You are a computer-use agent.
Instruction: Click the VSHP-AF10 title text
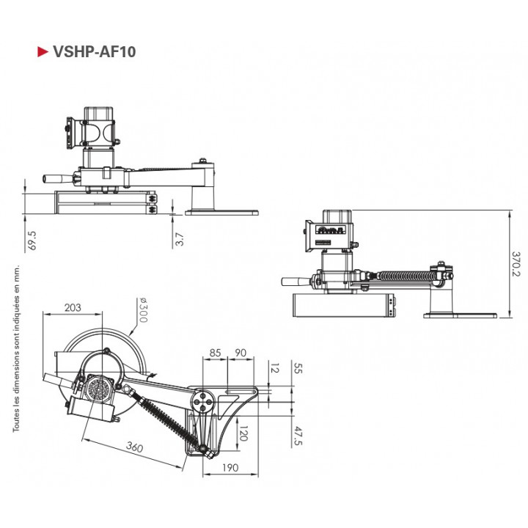94,52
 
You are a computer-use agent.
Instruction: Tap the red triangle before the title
42,52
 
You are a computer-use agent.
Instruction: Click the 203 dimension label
72,307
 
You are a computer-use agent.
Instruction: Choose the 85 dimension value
214,353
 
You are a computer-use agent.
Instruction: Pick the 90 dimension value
241,353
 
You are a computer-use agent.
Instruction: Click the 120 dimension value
241,437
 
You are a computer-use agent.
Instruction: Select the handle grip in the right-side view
295,281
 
